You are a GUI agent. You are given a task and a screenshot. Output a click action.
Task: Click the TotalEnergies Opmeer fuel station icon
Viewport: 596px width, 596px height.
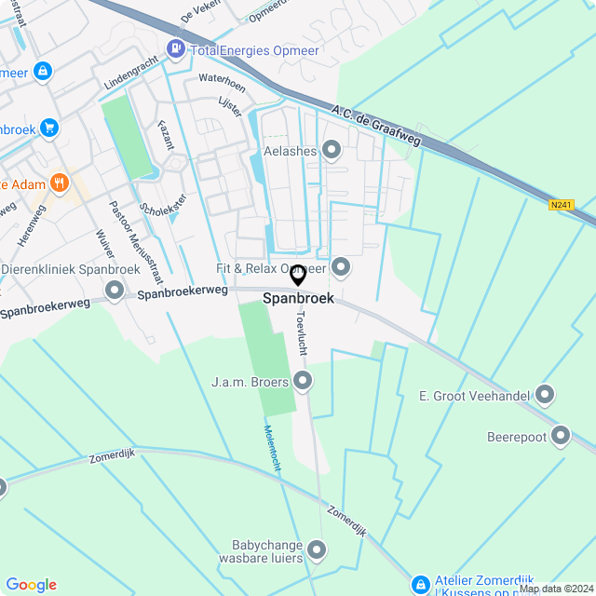pyautogui.click(x=174, y=47)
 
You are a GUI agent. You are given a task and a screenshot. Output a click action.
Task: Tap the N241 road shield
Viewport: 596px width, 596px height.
pyautogui.click(x=561, y=205)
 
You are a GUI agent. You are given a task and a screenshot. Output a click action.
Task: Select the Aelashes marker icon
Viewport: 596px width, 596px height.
pyautogui.click(x=332, y=150)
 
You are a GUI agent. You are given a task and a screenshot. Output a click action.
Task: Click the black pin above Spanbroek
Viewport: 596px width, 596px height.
pyautogui.click(x=298, y=276)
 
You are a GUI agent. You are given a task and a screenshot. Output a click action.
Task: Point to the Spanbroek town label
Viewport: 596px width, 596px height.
pyautogui.click(x=298, y=299)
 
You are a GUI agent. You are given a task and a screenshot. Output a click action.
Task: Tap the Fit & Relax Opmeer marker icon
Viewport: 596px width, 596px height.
pyautogui.click(x=341, y=268)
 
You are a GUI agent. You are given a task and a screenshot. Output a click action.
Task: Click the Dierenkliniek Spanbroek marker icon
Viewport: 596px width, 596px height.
pyautogui.click(x=115, y=291)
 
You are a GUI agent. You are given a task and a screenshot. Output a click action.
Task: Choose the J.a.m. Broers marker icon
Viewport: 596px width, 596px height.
pyautogui.click(x=303, y=380)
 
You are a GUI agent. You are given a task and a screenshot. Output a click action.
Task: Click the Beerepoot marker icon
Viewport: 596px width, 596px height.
pyautogui.click(x=561, y=435)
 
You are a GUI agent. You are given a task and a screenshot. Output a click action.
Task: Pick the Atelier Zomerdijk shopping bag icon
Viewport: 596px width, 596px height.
pyautogui.click(x=420, y=584)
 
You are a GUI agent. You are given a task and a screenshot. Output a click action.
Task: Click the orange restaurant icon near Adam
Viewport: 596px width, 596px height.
pyautogui.click(x=60, y=183)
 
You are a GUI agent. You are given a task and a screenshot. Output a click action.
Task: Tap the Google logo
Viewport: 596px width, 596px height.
pyautogui.click(x=31, y=585)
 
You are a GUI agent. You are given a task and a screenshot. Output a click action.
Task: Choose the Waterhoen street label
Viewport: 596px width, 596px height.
pyautogui.click(x=222, y=83)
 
